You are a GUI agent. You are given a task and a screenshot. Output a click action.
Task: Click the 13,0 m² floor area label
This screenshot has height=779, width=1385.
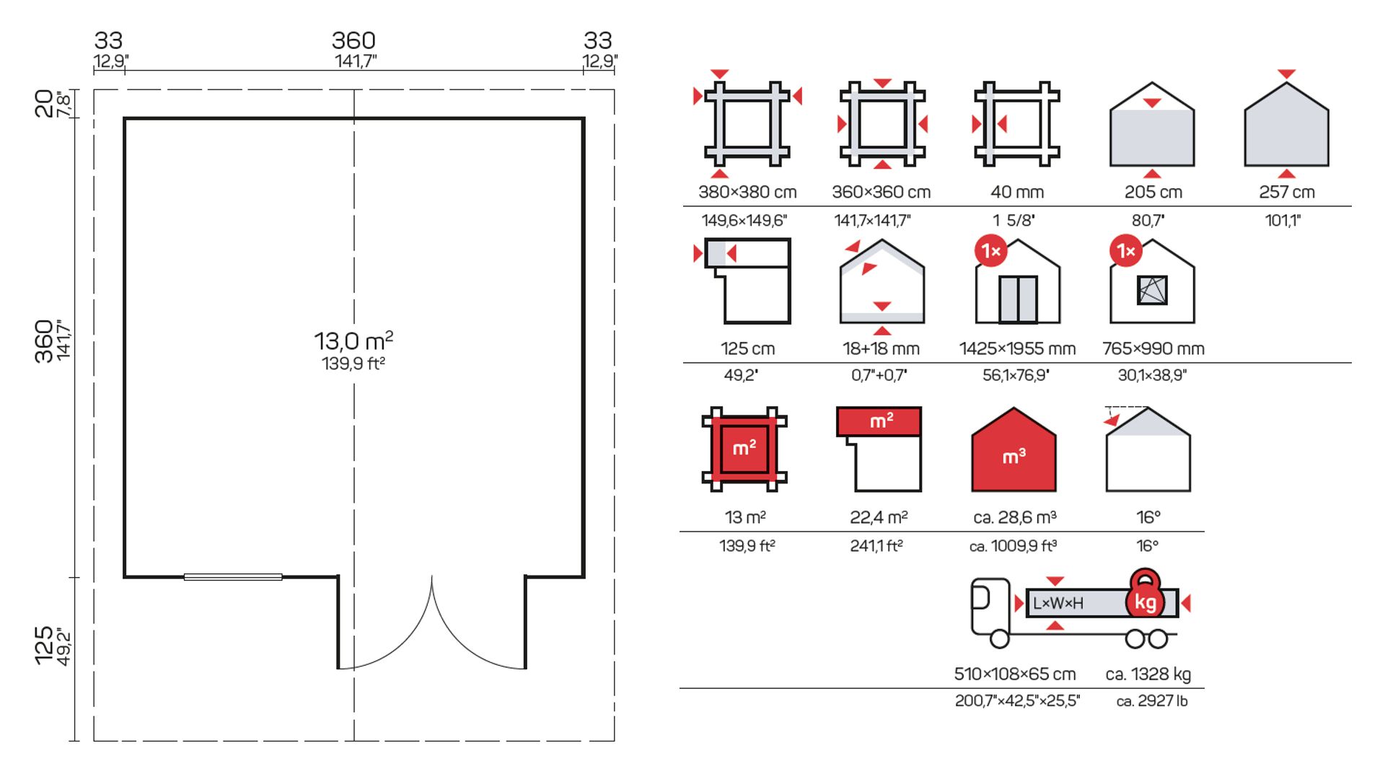click(x=353, y=341)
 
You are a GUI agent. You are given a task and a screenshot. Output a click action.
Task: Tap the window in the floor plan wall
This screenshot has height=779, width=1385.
click(x=232, y=576)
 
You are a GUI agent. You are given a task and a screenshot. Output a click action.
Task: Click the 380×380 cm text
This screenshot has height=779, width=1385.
click(x=747, y=193)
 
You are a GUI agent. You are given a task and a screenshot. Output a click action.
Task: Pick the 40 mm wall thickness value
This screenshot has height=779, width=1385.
click(x=1017, y=193)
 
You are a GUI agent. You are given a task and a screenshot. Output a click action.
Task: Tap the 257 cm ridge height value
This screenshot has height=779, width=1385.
click(x=1287, y=193)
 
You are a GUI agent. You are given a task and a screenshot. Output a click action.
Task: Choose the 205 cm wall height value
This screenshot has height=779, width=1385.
click(x=1153, y=193)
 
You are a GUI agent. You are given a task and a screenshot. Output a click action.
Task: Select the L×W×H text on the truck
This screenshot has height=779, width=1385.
click(x=1058, y=604)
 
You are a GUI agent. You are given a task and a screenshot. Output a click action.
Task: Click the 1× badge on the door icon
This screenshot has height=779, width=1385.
click(x=991, y=251)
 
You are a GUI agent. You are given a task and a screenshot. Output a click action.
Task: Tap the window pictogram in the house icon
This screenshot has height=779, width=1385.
click(x=1152, y=291)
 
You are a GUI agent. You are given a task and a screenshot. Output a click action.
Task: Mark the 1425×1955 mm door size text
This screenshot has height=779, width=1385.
click(x=1017, y=349)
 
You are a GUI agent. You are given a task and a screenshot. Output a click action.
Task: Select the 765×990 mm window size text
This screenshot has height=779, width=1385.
click(x=1153, y=349)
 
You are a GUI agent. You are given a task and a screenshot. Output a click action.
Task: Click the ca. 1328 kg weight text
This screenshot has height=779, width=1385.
click(x=1148, y=674)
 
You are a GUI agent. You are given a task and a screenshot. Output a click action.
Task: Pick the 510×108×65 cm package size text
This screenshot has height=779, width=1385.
click(x=1015, y=674)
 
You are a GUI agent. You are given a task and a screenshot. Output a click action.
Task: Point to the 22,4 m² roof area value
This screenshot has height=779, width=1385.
click(x=879, y=518)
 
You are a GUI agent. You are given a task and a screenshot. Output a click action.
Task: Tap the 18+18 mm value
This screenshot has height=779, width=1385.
click(x=881, y=349)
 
